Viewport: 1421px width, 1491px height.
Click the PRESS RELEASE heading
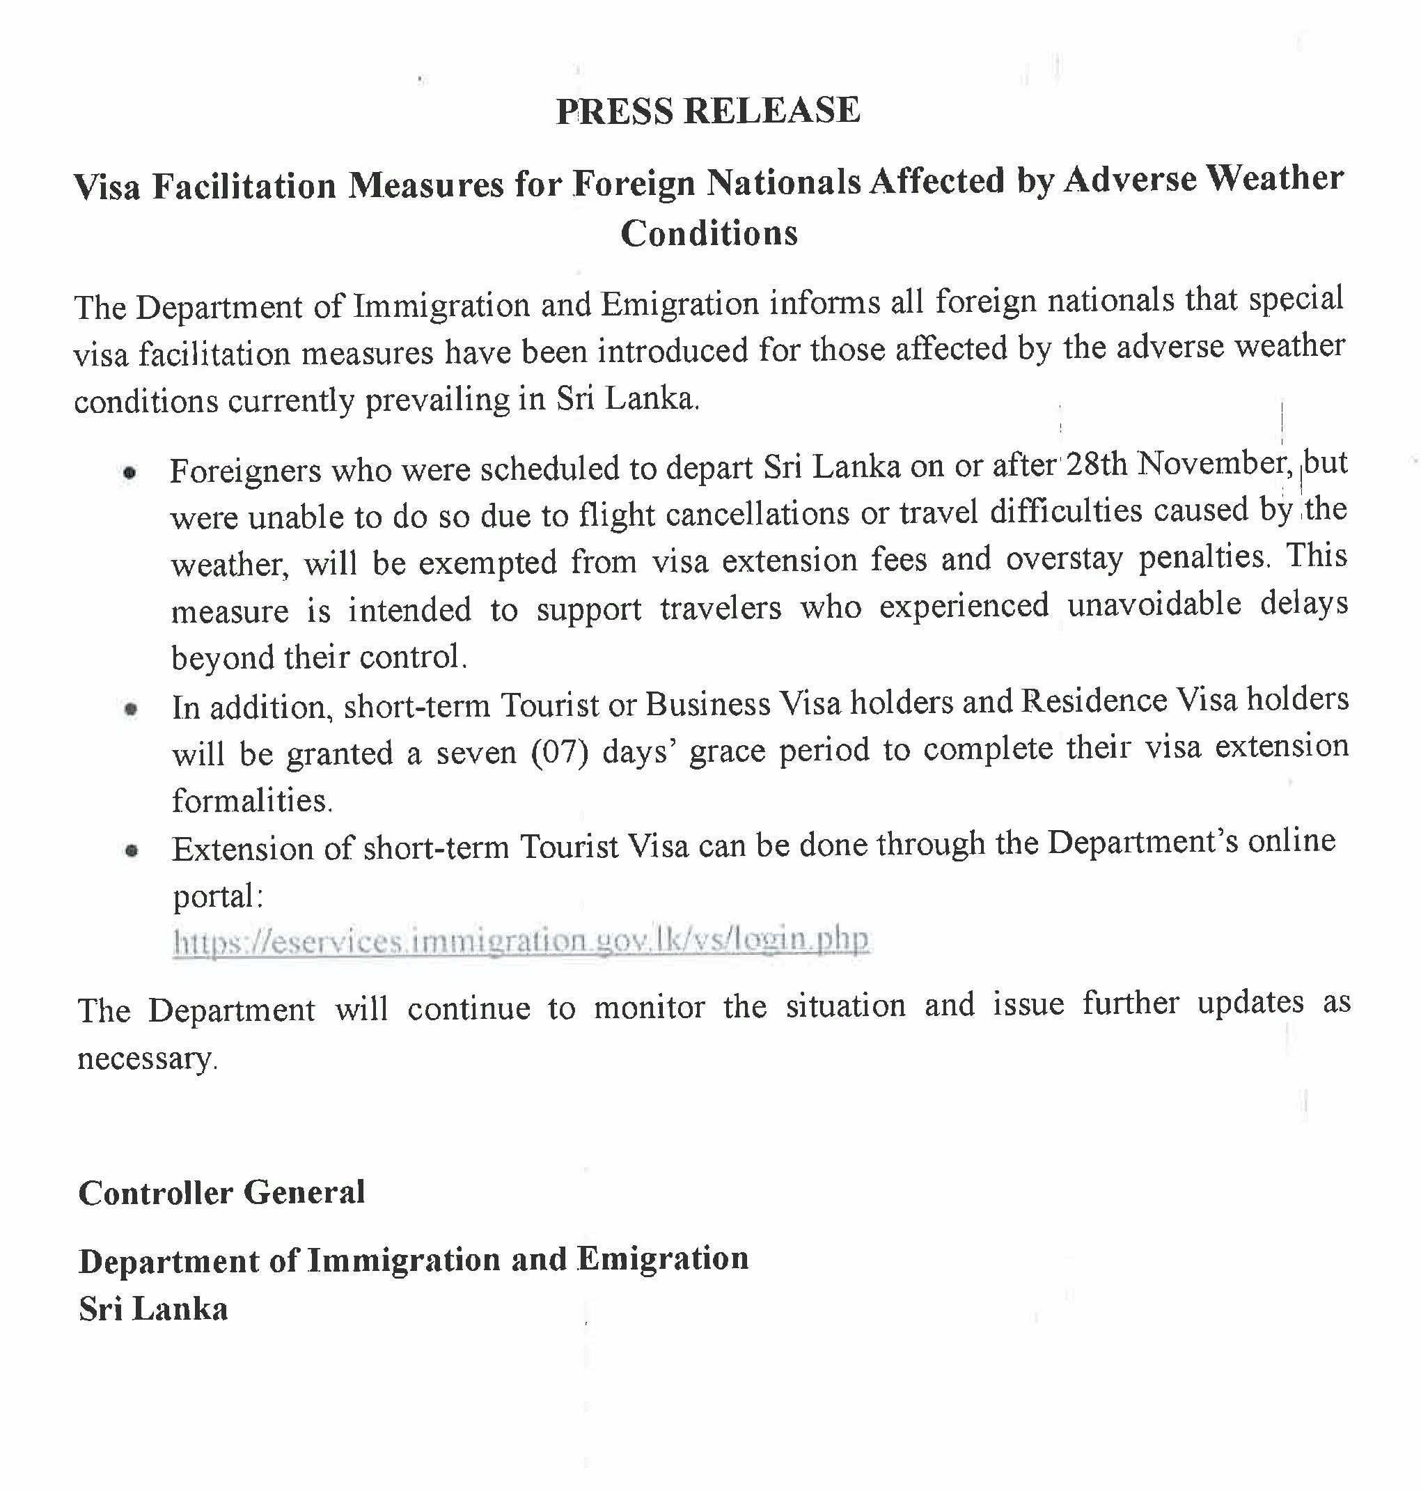coord(708,111)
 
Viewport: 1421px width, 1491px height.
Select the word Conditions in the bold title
coord(709,233)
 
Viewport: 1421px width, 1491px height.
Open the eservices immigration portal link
coord(521,941)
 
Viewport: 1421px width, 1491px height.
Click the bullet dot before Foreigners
coord(129,474)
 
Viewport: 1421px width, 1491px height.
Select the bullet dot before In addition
coord(131,710)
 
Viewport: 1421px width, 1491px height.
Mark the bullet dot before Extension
coord(132,851)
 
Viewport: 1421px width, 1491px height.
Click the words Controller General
coord(222,1193)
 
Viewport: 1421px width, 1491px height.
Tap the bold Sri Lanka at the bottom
coord(153,1309)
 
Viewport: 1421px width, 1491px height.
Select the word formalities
coord(251,801)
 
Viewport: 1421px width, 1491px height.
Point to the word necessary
coord(146,1059)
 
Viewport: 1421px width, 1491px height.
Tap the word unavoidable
coord(1154,604)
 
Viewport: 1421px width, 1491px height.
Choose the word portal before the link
coord(217,897)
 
